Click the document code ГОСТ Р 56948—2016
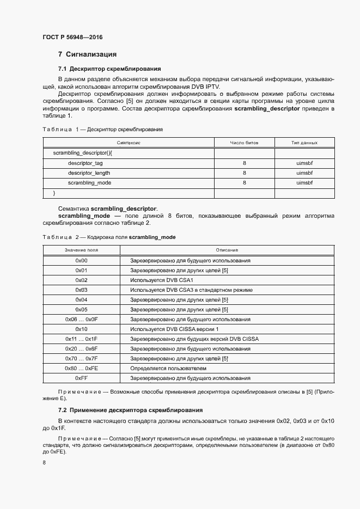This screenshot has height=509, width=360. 72,38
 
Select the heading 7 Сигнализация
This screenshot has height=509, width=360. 87,54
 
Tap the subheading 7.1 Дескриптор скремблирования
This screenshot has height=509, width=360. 109,69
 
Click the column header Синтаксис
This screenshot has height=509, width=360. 129,143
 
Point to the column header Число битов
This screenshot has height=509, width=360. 244,143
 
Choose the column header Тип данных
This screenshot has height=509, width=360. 304,143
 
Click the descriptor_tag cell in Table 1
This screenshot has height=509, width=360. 86,163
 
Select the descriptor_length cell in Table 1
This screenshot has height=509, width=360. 89,173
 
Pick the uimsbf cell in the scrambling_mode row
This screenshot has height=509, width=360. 304,183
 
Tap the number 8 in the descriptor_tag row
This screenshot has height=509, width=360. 244,163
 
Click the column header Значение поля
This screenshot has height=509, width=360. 81,250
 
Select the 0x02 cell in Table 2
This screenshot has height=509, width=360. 81,280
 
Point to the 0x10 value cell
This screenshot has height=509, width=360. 81,329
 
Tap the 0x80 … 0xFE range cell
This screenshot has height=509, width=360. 81,369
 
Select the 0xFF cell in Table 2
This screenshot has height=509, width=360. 81,378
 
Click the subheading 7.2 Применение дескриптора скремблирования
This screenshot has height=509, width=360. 130,410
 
